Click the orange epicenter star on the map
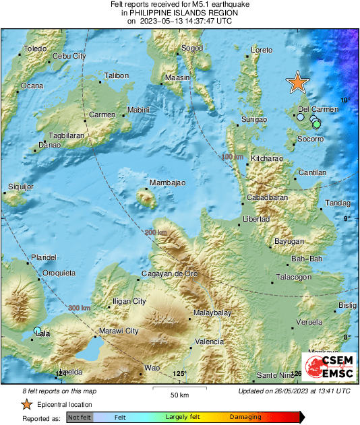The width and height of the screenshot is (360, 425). tap(297, 82)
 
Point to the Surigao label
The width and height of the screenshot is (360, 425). tap(254, 120)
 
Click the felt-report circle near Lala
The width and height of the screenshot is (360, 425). tap(38, 330)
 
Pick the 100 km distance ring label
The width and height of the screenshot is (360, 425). tap(231, 157)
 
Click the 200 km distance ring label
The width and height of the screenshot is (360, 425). tap(154, 233)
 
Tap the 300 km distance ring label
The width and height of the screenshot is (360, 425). tap(79, 308)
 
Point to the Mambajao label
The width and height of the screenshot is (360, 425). tap(167, 183)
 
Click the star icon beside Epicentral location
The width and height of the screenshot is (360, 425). tap(26, 405)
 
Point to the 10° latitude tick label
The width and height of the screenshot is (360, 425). tap(347, 100)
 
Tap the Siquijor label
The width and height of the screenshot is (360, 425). tap(20, 186)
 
